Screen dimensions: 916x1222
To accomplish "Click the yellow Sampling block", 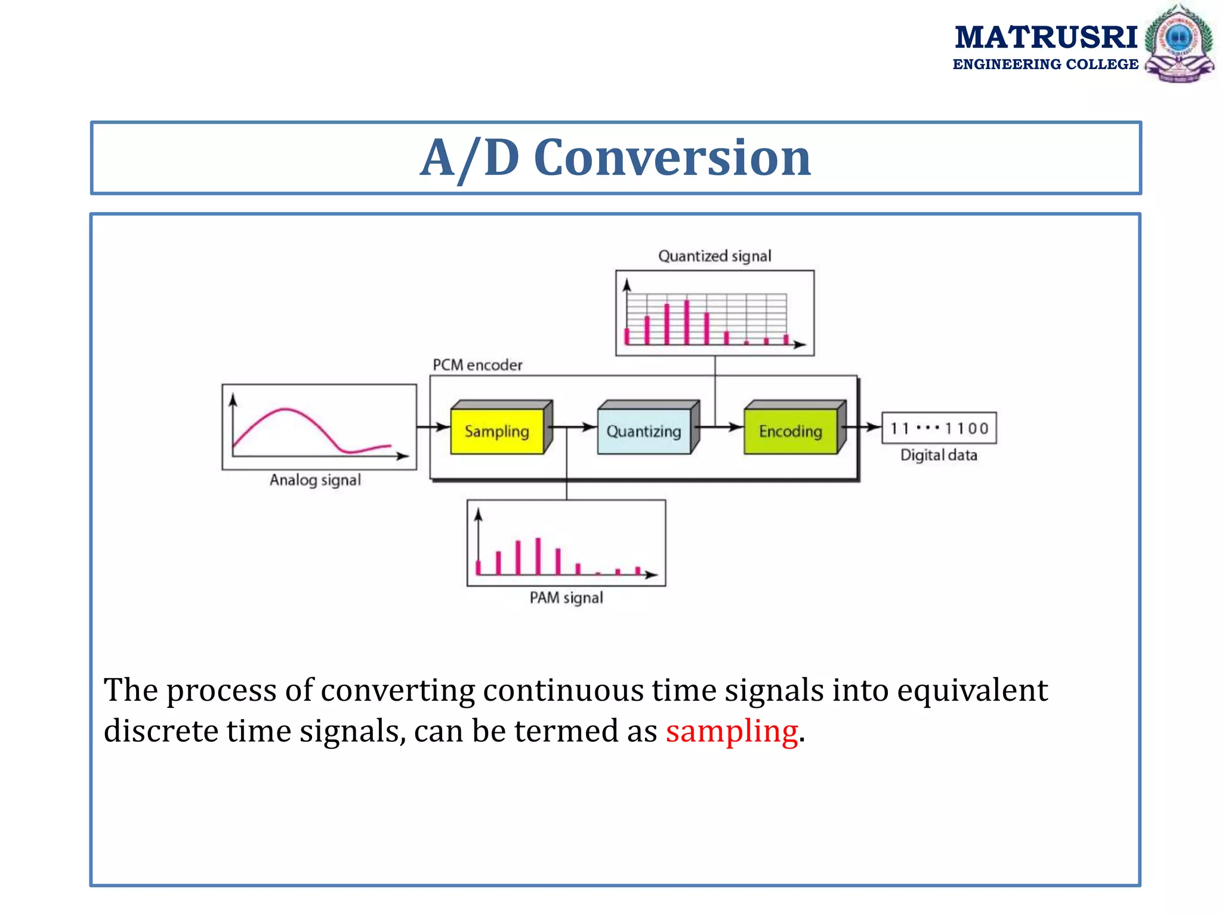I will [x=497, y=431].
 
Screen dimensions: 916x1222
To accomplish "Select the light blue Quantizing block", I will [x=644, y=431].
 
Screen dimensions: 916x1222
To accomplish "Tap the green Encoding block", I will [x=791, y=431].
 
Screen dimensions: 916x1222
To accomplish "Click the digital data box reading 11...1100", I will [x=939, y=428].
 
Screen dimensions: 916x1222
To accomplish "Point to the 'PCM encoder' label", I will [x=477, y=365].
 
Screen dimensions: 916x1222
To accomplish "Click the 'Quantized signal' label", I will [x=714, y=256].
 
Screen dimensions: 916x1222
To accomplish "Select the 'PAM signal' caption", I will [x=566, y=598].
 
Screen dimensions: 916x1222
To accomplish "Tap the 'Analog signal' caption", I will [x=315, y=480].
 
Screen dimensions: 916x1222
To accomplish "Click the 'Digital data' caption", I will [x=939, y=455].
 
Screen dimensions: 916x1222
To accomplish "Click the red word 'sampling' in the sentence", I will [x=732, y=731].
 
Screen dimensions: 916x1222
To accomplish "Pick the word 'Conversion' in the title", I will [x=672, y=158].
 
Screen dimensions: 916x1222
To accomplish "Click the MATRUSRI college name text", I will [x=1045, y=38].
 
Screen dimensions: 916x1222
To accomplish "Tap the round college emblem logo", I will [x=1178, y=43].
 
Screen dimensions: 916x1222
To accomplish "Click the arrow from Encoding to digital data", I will [x=864, y=427].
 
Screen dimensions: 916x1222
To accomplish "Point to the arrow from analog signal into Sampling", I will [x=433, y=427].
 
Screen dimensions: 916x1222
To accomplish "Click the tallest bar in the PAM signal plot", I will [x=538, y=556].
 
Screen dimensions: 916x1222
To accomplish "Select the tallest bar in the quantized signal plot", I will [x=687, y=322].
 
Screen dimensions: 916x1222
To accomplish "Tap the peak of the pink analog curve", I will [x=286, y=410].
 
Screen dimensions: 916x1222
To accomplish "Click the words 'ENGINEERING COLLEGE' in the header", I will [x=1045, y=64].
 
